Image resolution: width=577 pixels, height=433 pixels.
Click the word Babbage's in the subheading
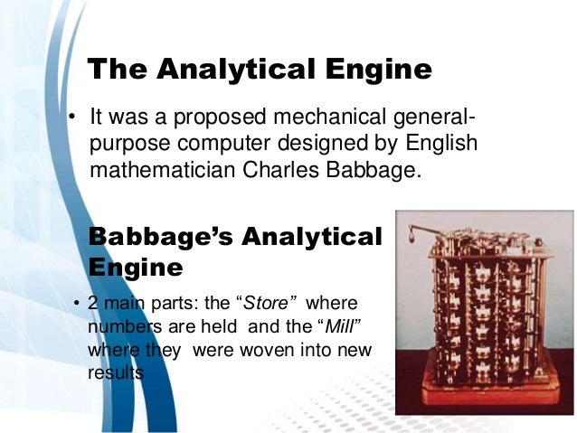point(153,237)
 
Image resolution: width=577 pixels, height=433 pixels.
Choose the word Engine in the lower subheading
point(136,268)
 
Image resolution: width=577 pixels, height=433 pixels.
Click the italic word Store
point(274,301)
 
